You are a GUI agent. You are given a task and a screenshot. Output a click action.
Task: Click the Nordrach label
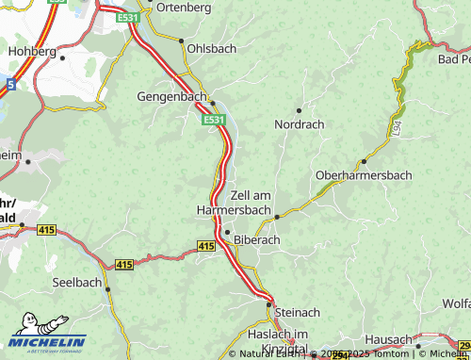(x=300, y=123)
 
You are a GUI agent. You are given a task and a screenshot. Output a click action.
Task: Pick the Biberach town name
(x=257, y=239)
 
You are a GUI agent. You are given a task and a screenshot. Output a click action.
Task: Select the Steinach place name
(x=297, y=312)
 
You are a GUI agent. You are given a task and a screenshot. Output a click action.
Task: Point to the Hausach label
(x=389, y=339)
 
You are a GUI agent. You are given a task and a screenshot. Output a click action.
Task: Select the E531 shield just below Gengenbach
(x=214, y=120)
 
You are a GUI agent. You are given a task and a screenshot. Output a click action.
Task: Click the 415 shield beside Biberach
(x=206, y=245)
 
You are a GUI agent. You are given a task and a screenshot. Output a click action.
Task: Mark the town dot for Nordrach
(x=300, y=110)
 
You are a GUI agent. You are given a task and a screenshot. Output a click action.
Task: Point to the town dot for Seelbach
(x=106, y=289)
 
